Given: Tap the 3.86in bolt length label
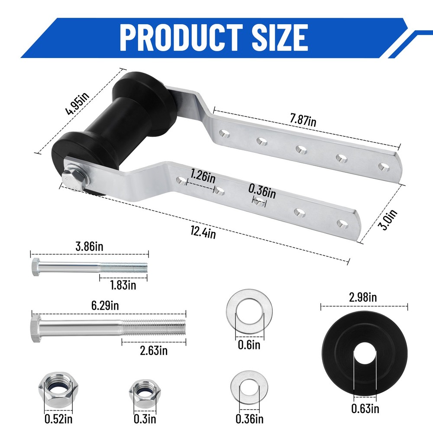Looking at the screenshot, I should click(x=90, y=247).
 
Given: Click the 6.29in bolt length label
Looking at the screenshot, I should click(x=103, y=306).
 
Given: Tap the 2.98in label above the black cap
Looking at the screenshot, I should click(x=365, y=297).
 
